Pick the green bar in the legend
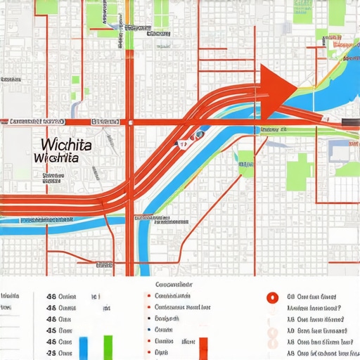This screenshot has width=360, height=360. click(108, 345)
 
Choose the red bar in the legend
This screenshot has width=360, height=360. click(204, 347)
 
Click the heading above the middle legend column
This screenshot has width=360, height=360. click(173, 285)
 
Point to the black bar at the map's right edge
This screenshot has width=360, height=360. click(349, 122)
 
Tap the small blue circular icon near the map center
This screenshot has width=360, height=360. click(199, 134)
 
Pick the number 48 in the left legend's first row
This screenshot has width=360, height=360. click(51, 297)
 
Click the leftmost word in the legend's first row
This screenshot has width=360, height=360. click(8, 296)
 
